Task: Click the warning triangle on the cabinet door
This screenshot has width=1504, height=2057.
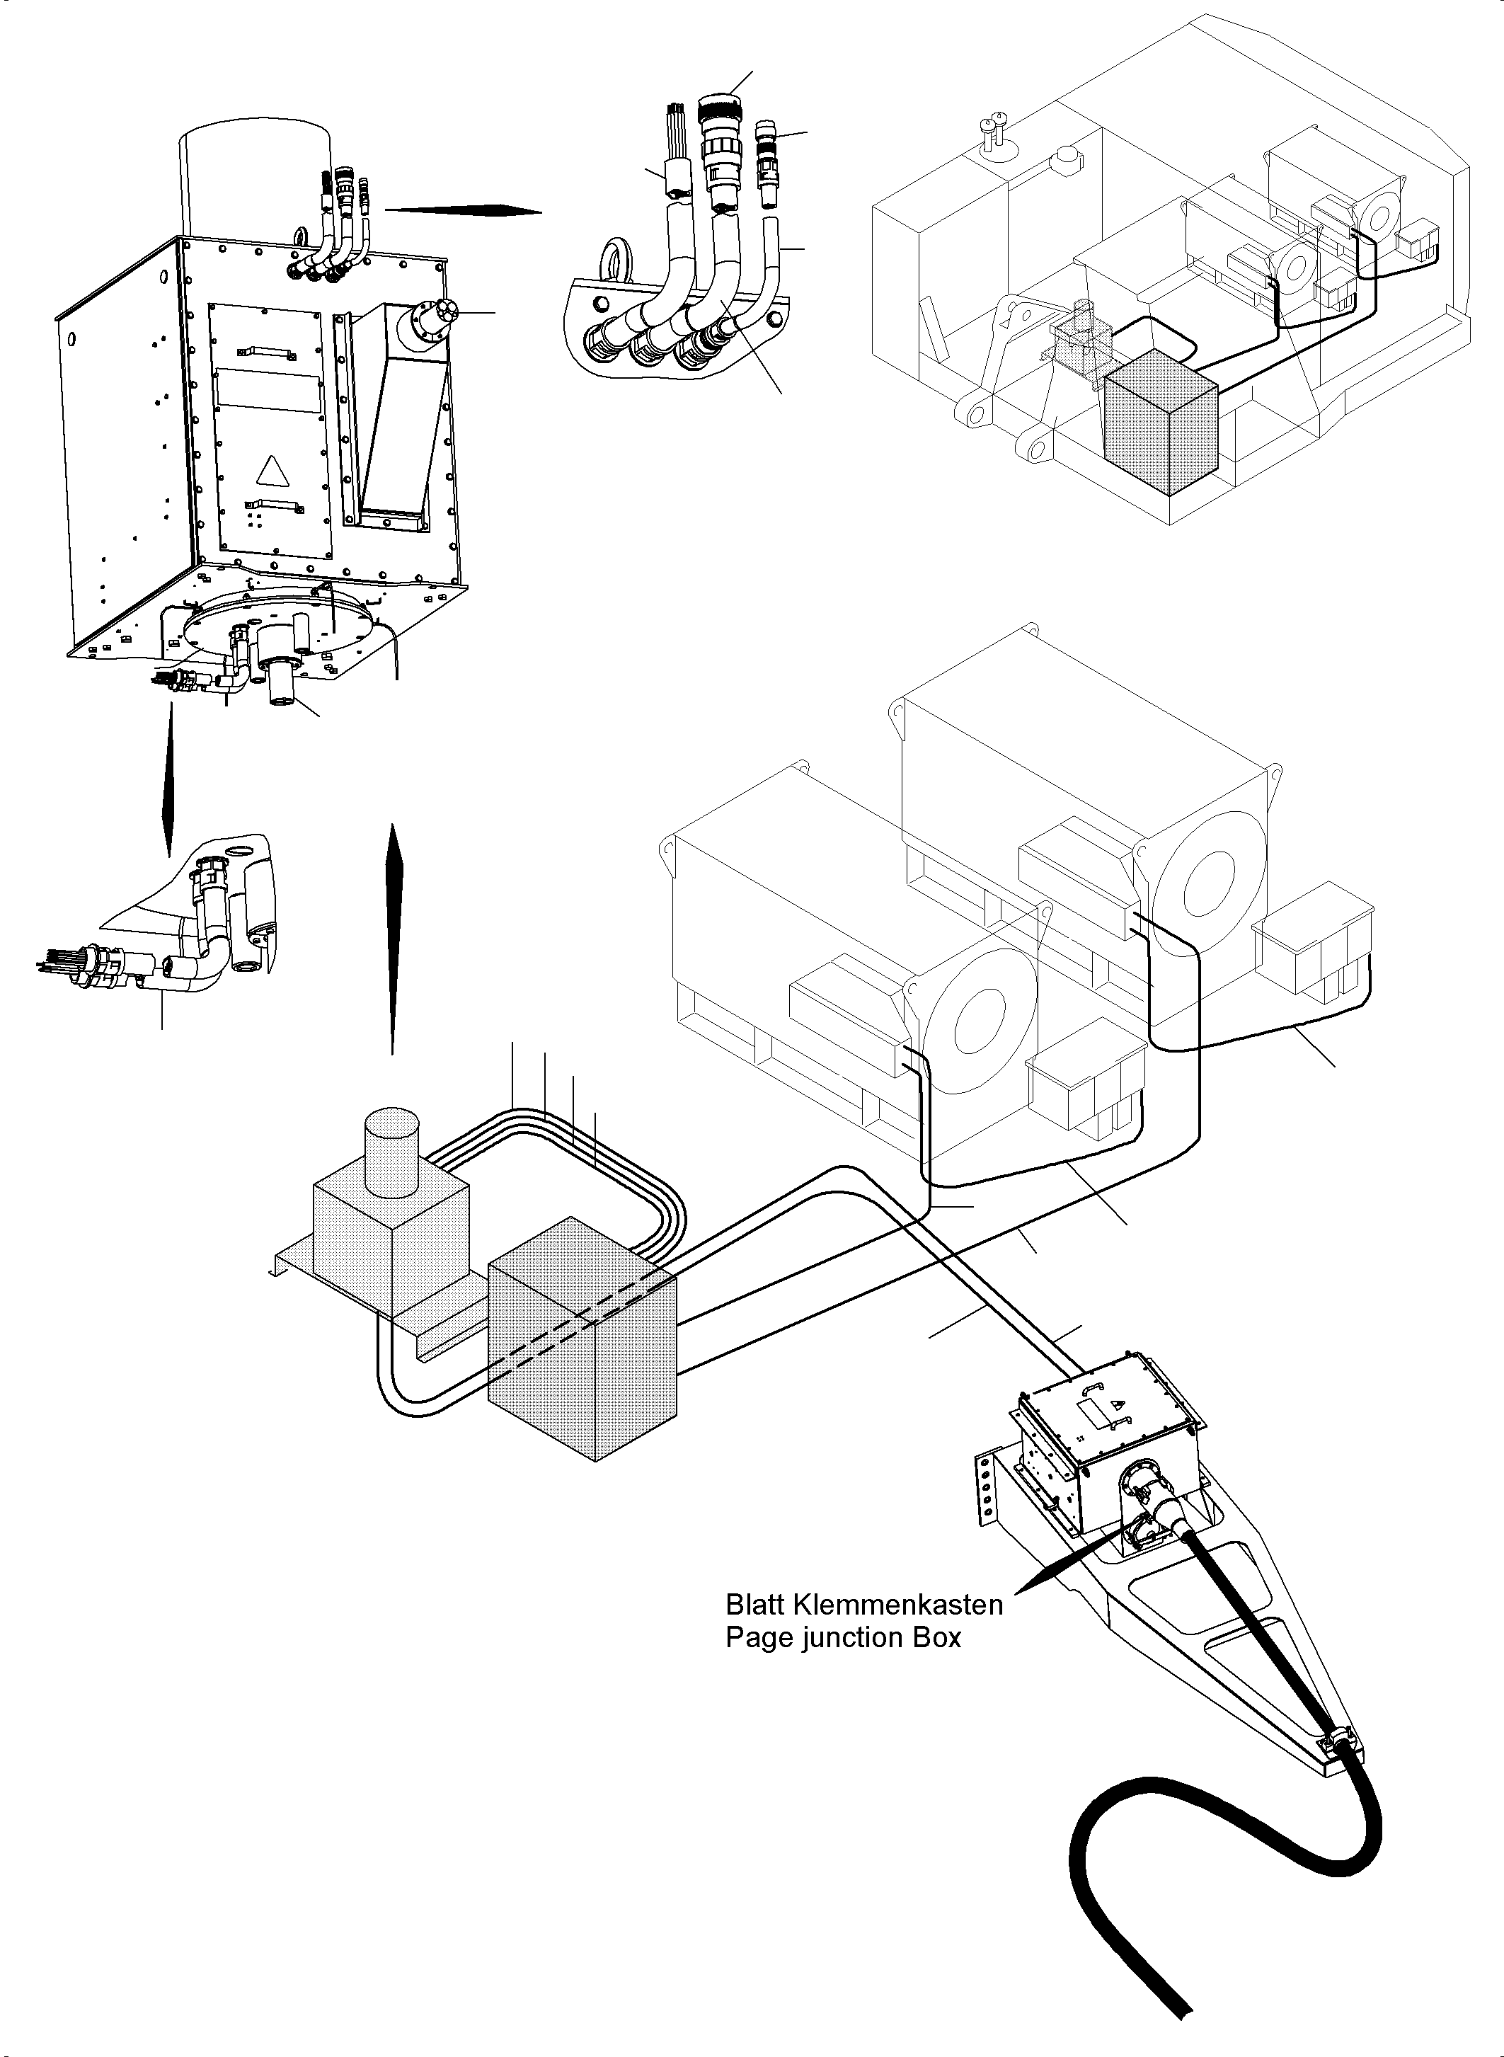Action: [270, 471]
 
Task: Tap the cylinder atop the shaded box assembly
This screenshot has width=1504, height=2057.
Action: [391, 1149]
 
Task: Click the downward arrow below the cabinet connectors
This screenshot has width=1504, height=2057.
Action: [168, 783]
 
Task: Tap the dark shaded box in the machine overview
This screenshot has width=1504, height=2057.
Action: [1161, 423]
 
